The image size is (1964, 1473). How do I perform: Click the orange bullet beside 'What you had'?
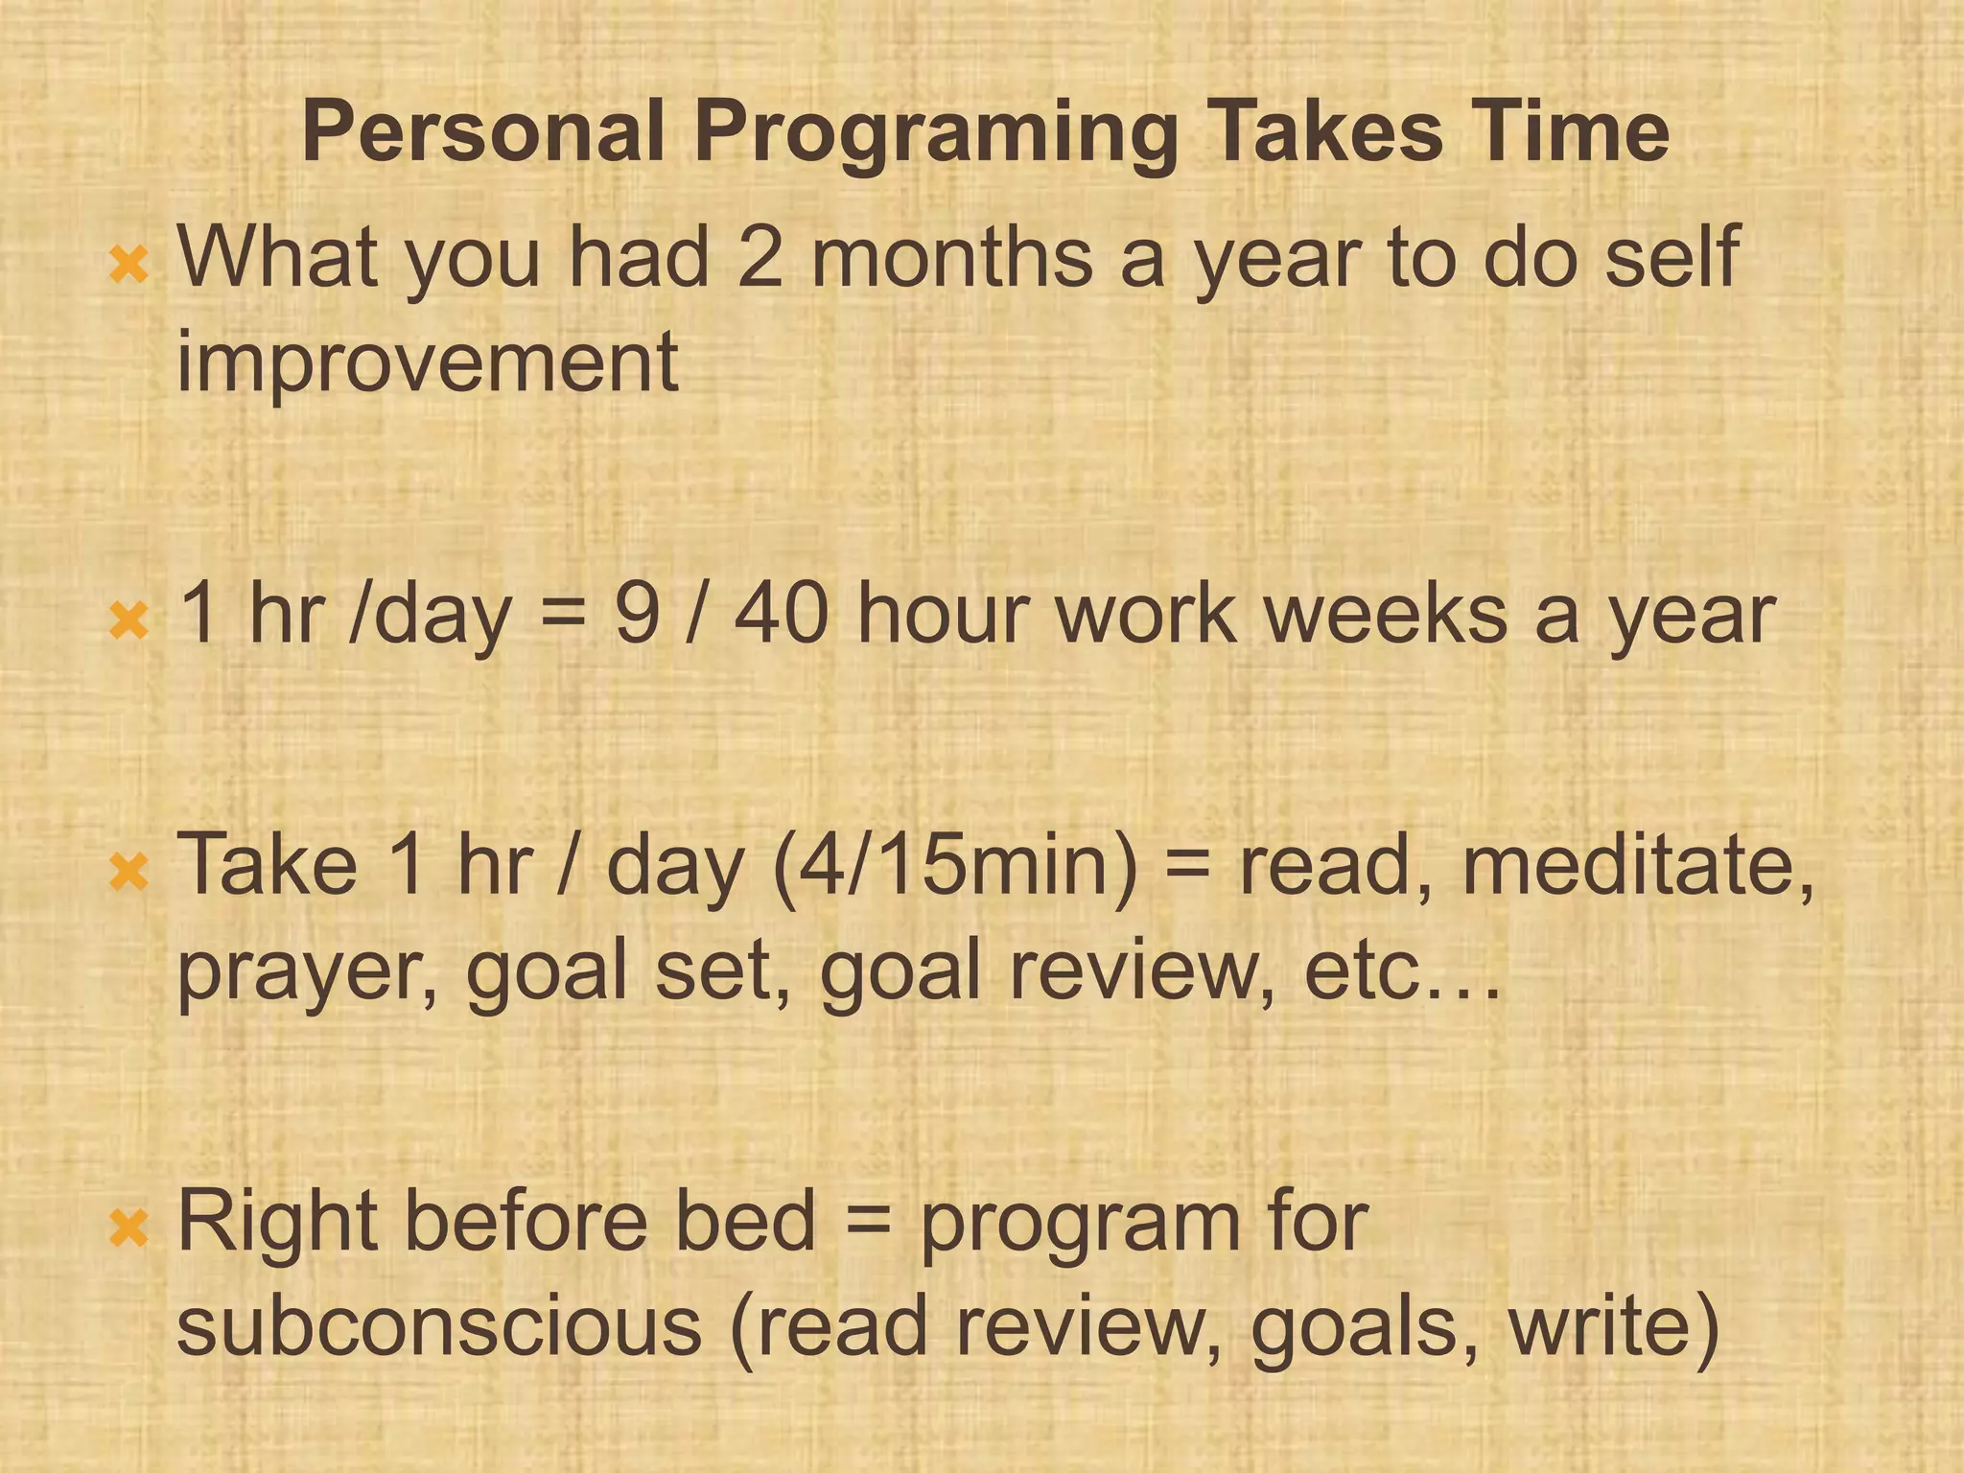pos(129,265)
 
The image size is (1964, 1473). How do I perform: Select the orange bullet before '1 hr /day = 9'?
pos(129,620)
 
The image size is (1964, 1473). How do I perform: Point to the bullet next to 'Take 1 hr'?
pos(129,872)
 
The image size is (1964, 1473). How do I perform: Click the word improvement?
pos(428,362)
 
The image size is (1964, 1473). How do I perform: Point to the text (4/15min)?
pos(955,865)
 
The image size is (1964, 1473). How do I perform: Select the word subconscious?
pos(439,1325)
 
